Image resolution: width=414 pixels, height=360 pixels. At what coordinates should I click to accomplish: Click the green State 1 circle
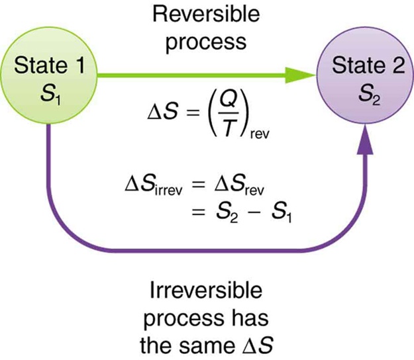(48, 77)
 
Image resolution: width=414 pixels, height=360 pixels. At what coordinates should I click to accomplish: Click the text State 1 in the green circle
(48, 66)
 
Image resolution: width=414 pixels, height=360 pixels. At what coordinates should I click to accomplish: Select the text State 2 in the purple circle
(366, 66)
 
